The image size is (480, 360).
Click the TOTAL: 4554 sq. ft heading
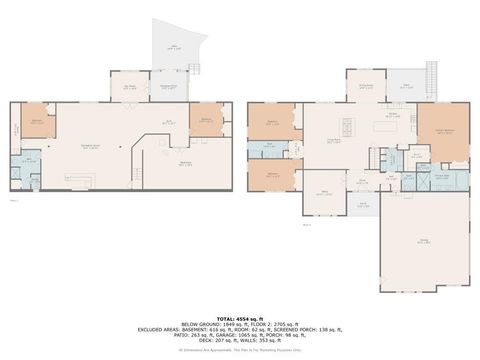[x=239, y=317]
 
